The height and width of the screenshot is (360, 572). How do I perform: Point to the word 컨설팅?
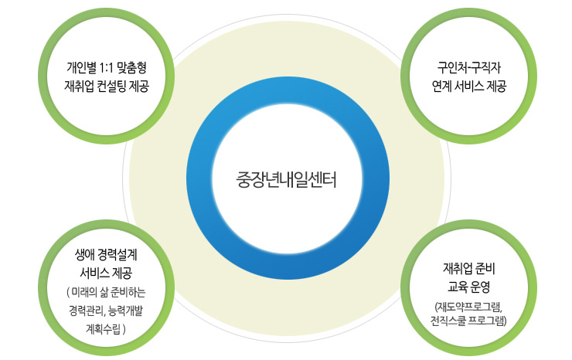pyautogui.click(x=114, y=85)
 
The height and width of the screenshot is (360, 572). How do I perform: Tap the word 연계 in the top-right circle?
pyautogui.click(x=444, y=85)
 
